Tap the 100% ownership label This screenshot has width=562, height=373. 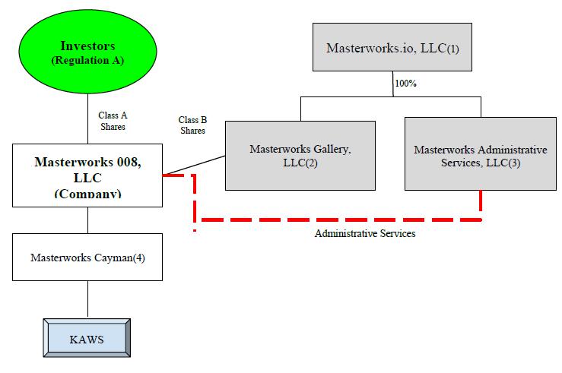(x=405, y=83)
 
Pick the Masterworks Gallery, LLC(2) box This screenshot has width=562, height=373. (x=300, y=155)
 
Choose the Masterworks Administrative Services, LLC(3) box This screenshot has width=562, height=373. (x=480, y=155)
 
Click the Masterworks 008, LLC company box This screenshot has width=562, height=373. (x=88, y=175)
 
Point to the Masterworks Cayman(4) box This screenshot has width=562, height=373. (x=88, y=257)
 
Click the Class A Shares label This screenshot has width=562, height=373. (x=113, y=121)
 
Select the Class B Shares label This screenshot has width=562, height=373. (x=192, y=125)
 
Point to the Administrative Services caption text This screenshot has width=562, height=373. (x=365, y=233)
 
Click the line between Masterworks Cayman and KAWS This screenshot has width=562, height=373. (x=88, y=299)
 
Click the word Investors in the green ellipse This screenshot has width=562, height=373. (x=89, y=46)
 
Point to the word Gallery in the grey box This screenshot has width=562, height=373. (x=331, y=149)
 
